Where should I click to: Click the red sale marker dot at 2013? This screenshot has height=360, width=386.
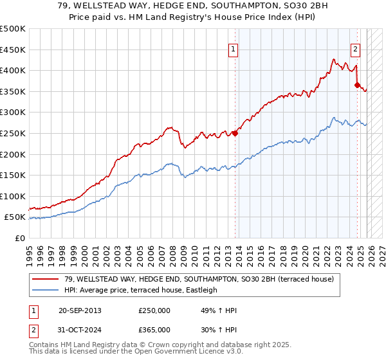(235, 134)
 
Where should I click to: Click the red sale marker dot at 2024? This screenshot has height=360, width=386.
(357, 85)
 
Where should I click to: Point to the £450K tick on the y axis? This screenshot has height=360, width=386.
(13, 50)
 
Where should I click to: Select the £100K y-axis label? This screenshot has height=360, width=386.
(13, 196)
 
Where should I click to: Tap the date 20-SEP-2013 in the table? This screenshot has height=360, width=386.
(80, 310)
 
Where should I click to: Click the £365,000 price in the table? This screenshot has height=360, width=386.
(154, 331)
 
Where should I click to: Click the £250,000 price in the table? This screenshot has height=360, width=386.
(154, 310)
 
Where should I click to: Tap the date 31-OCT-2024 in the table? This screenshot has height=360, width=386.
(80, 331)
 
